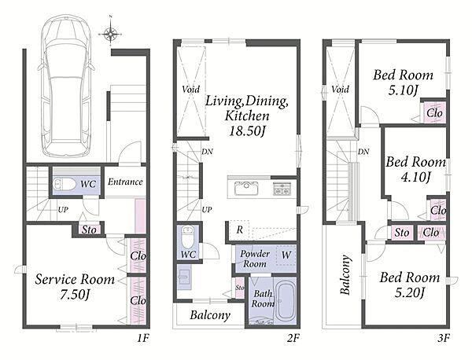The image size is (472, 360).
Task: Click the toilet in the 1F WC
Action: coord(65,184)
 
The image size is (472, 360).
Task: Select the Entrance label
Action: coord(125,182)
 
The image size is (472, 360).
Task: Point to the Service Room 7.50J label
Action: coord(75,287)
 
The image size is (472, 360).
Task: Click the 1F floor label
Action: coord(143,338)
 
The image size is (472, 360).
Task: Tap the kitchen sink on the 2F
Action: coord(246,189)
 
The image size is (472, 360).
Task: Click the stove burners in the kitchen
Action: coord(282,189)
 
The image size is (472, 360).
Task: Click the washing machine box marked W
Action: coord(286,255)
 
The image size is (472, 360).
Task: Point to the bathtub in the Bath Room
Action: coord(285,301)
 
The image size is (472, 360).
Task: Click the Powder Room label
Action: coord(255,259)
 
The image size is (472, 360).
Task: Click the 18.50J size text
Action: coord(247,130)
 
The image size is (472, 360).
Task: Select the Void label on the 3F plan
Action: coord(340,90)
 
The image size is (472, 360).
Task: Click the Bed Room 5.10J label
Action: coord(403,83)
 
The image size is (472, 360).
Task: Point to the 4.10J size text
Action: coord(415,177)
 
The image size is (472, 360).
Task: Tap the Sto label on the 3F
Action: coord(402,233)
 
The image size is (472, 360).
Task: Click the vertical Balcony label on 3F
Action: coord(345,274)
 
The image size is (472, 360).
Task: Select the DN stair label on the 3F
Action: coord(363,152)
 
